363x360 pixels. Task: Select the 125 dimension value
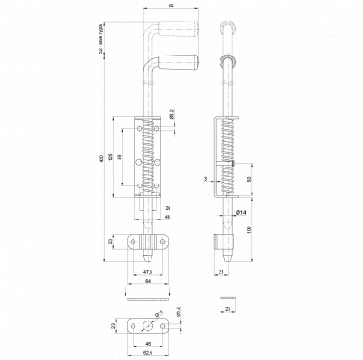[111, 159]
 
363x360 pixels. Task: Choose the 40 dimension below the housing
[168, 217]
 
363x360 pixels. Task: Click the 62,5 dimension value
[143, 352]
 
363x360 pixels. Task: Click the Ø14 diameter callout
[241, 212]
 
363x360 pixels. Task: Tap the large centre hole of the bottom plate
[143, 325]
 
